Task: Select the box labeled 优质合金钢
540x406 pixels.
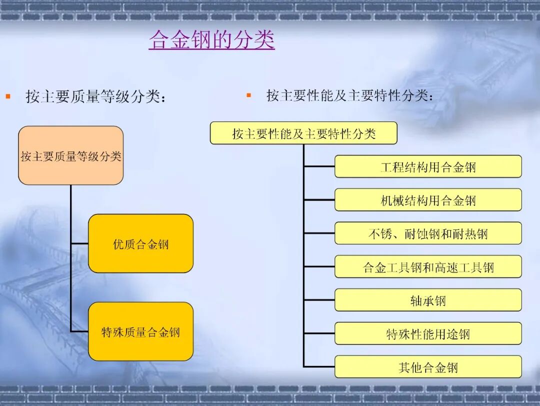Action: [x=140, y=243]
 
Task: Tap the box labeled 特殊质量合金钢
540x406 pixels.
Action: [x=140, y=331]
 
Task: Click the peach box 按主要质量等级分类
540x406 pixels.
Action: [x=70, y=155]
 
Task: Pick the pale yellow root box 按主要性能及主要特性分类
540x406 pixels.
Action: [x=303, y=133]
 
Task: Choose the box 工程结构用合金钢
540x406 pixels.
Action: [x=428, y=166]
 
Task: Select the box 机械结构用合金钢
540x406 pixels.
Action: [x=428, y=200]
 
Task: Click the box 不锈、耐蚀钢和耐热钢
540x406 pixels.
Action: [x=428, y=233]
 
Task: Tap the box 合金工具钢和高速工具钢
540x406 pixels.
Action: [x=428, y=267]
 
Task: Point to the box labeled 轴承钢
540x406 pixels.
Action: [x=428, y=300]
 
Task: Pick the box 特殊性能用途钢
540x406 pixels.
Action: [x=428, y=333]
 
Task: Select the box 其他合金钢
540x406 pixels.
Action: [x=428, y=367]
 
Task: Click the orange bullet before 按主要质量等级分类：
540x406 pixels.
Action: [x=8, y=95]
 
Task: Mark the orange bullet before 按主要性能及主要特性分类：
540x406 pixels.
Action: [x=248, y=94]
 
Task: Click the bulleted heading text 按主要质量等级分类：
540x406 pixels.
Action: [x=95, y=96]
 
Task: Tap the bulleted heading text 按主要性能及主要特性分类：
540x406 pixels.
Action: [x=350, y=95]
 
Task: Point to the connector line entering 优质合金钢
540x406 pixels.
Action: [x=79, y=243]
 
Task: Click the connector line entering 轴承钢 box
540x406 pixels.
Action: [x=319, y=300]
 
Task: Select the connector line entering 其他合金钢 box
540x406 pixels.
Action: [x=319, y=367]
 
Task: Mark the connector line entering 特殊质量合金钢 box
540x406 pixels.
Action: [x=79, y=331]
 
